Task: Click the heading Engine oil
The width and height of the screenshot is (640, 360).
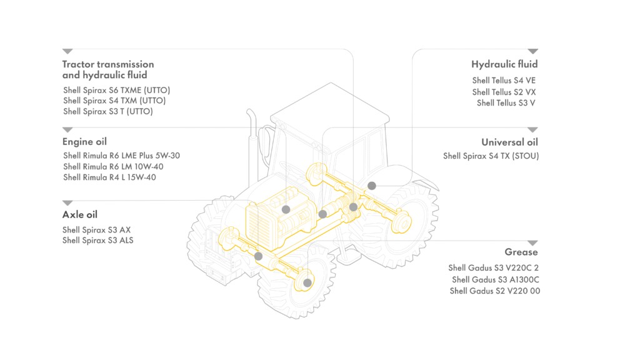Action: pyautogui.click(x=84, y=142)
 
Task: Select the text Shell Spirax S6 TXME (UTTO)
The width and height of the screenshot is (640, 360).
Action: pyautogui.click(x=117, y=90)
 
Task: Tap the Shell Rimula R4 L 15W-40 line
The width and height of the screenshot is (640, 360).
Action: pyautogui.click(x=109, y=177)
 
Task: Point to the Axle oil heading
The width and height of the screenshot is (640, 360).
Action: pyautogui.click(x=80, y=215)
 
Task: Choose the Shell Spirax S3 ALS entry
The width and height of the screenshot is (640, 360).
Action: pyautogui.click(x=98, y=241)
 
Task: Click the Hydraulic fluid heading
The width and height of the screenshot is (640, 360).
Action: pyautogui.click(x=504, y=64)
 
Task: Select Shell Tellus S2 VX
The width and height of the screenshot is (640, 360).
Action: pyautogui.click(x=504, y=92)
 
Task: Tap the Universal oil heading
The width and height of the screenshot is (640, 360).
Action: pyautogui.click(x=510, y=142)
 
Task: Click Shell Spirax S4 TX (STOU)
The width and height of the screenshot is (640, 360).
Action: pyautogui.click(x=491, y=156)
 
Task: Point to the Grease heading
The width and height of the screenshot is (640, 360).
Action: pyautogui.click(x=521, y=252)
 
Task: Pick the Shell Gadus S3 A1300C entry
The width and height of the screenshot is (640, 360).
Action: pyautogui.click(x=496, y=279)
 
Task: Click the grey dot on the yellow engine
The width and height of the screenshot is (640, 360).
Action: pyautogui.click(x=286, y=209)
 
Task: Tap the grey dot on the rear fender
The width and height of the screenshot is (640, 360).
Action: pyautogui.click(x=371, y=186)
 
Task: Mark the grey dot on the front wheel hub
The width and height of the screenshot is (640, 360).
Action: pyautogui.click(x=307, y=282)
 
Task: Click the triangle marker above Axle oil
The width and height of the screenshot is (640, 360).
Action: pyautogui.click(x=67, y=203)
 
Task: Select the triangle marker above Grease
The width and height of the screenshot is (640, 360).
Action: pyautogui.click(x=532, y=243)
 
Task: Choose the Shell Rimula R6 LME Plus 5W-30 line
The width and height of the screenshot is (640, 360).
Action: pyautogui.click(x=122, y=156)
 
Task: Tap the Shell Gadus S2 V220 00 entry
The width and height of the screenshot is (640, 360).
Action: pyautogui.click(x=495, y=291)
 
